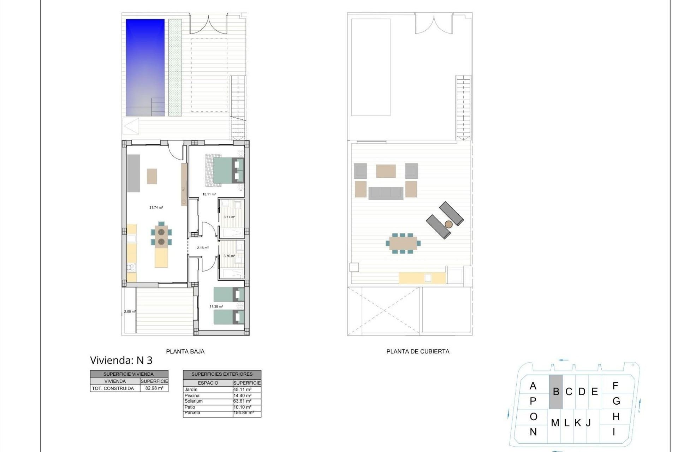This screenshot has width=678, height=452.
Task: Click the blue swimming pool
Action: [145, 67]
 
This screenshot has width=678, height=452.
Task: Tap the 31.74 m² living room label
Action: [156, 208]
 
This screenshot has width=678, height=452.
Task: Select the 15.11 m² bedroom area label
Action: [209, 194]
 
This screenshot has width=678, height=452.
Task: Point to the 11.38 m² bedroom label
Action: [216, 307]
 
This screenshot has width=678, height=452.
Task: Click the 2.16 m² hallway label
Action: [203, 248]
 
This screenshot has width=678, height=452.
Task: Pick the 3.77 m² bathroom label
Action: [229, 217]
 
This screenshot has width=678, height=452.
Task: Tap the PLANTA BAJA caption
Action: [185, 351]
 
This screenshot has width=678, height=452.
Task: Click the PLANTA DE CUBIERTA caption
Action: [418, 351]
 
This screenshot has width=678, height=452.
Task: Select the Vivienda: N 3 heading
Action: [121, 360]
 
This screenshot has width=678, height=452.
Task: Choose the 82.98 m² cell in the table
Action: [154, 388]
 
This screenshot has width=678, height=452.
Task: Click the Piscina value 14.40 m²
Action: [242, 395]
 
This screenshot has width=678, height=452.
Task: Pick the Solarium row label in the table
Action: [194, 401]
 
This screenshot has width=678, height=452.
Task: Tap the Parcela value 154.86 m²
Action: [243, 412]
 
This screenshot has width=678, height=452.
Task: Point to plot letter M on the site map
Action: [555, 423]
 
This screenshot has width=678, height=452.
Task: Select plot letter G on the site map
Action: [616, 401]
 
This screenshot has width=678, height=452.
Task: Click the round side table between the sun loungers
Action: [448, 224]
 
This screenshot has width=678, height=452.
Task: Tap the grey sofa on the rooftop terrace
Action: [386, 193]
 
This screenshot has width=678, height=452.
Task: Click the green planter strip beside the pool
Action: [175, 67]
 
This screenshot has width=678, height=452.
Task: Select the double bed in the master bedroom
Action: [226, 171]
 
